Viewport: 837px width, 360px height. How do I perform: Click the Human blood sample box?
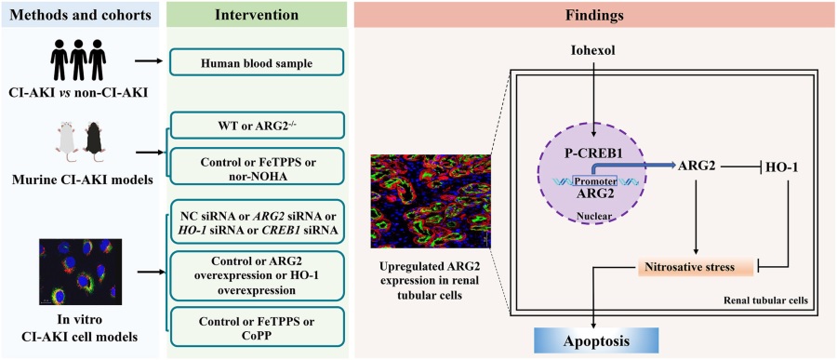pyautogui.click(x=256, y=62)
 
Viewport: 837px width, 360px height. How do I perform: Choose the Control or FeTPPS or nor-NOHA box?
pyautogui.click(x=256, y=165)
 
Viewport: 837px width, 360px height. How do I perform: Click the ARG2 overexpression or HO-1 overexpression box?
pyautogui.click(x=256, y=275)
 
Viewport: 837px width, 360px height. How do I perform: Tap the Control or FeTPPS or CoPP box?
pyautogui.click(x=256, y=326)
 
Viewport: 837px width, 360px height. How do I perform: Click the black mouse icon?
pyautogui.click(x=94, y=134)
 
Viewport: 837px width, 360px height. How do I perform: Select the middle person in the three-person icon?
pyautogui.click(x=78, y=60)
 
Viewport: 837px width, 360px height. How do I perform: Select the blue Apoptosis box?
pyautogui.click(x=596, y=340)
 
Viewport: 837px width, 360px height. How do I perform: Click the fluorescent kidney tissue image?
pyautogui.click(x=432, y=201)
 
